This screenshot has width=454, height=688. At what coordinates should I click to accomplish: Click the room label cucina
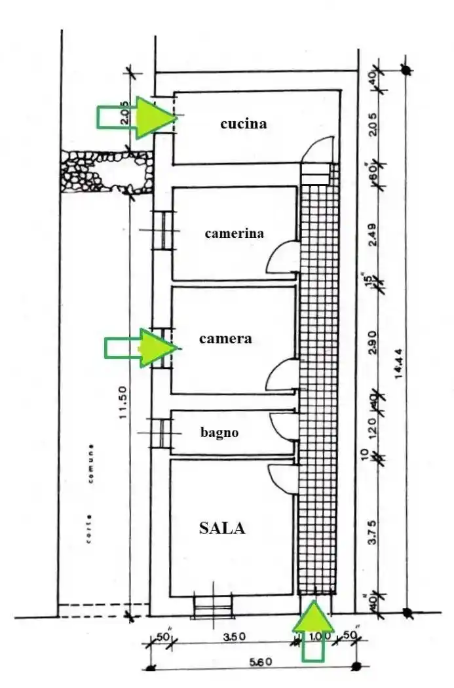[243, 123]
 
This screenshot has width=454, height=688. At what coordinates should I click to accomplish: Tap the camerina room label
[234, 233]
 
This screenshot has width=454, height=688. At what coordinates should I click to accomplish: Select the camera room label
[225, 339]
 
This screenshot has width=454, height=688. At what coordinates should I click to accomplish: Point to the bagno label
[219, 432]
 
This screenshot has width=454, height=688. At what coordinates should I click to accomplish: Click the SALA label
[222, 528]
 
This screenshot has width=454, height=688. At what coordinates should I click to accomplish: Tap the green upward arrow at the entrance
[313, 629]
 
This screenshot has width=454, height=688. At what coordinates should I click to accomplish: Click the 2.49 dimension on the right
[371, 234]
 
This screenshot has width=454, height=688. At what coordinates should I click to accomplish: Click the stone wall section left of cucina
[105, 172]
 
